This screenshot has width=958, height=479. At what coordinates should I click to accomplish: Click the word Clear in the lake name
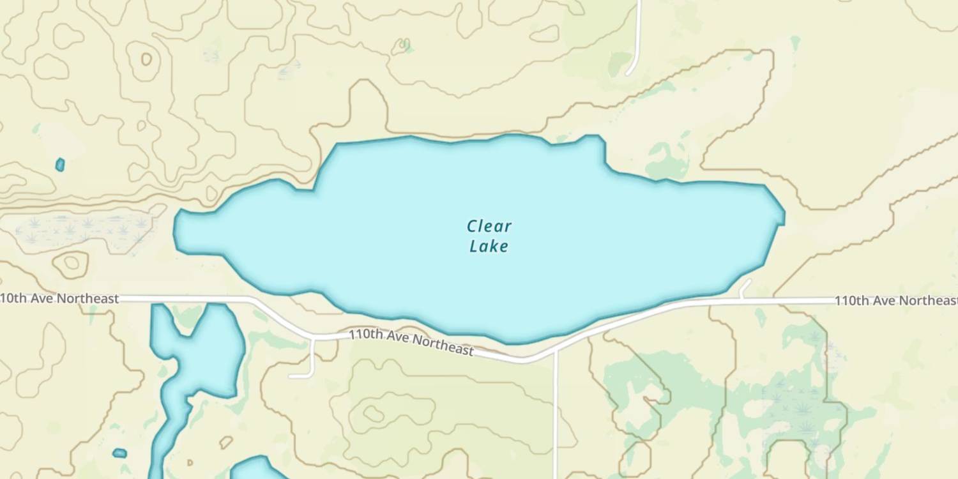489,226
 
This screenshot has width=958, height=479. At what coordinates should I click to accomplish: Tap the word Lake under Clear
489,246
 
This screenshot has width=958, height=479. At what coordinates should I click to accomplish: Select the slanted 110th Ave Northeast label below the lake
411,342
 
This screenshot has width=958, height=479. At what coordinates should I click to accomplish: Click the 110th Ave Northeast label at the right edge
895,301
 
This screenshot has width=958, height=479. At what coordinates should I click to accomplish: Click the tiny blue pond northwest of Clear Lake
60,165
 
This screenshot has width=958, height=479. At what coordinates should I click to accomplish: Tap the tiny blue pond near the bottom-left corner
119,453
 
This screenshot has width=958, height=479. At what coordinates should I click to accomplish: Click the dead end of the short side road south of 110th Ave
292,376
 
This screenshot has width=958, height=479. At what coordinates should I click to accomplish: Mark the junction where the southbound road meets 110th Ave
556,351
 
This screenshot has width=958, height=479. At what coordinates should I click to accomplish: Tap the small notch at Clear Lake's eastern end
782,218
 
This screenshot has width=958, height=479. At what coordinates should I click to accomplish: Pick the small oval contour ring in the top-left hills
146,59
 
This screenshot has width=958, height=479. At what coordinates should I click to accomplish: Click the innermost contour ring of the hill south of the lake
374,414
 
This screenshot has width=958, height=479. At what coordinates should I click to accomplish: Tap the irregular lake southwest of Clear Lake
198,358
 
